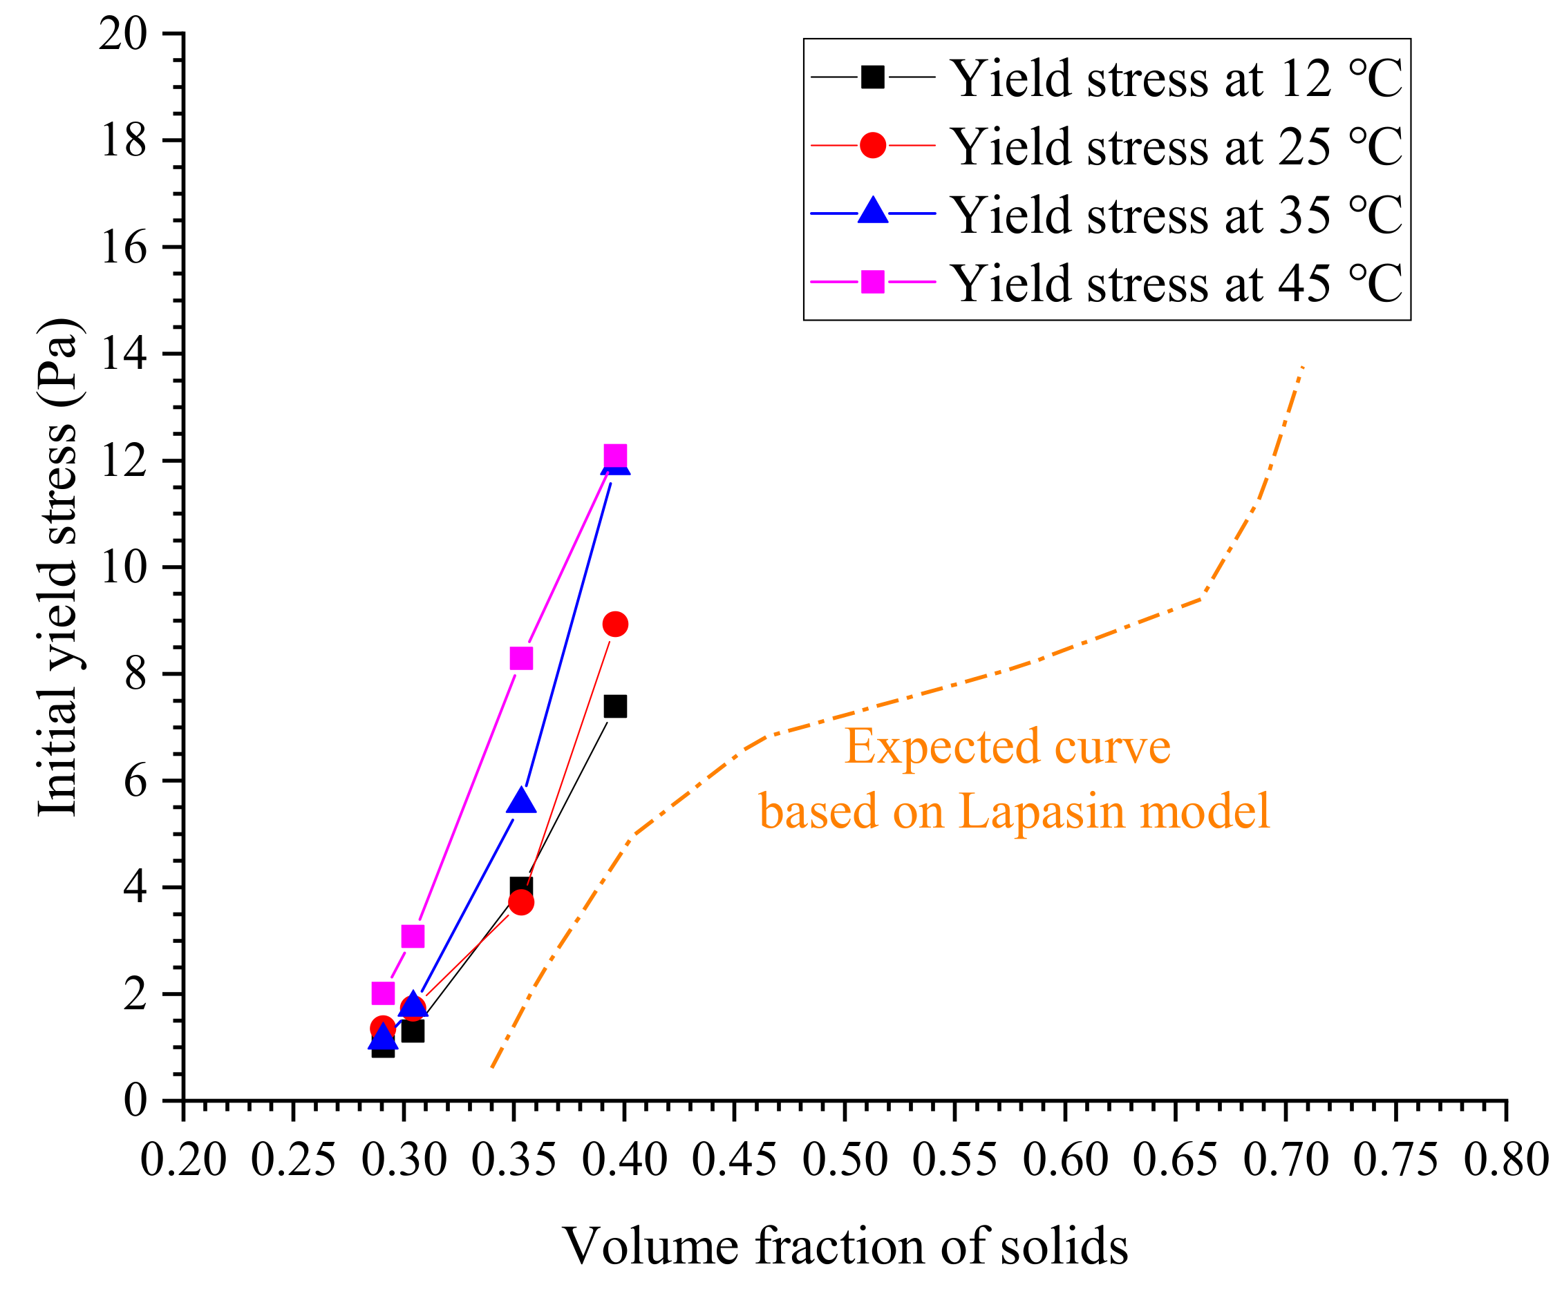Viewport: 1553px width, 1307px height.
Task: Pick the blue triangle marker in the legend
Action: (x=873, y=212)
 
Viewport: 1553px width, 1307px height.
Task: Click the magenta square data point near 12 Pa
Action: (x=614, y=457)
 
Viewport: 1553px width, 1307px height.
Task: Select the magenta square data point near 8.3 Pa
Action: (x=521, y=658)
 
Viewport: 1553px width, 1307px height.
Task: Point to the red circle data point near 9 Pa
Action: (x=614, y=624)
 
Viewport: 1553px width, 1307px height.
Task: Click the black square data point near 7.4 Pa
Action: (x=614, y=706)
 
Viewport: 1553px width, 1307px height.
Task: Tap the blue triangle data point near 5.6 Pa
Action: (x=521, y=802)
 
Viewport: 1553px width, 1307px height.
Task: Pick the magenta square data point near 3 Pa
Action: (x=412, y=937)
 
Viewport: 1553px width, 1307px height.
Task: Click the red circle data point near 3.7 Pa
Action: (x=521, y=902)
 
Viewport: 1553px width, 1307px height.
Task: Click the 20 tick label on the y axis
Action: (x=123, y=34)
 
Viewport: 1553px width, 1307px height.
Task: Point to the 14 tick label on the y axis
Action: (x=123, y=354)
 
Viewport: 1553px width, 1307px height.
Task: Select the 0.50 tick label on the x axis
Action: (x=845, y=1160)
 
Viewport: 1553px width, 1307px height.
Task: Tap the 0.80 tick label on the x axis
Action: (x=1505, y=1160)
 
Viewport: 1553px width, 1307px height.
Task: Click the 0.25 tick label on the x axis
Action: (x=293, y=1160)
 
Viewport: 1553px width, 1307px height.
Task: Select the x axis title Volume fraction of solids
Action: (x=845, y=1247)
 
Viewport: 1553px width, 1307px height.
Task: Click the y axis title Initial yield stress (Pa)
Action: (x=57, y=567)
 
